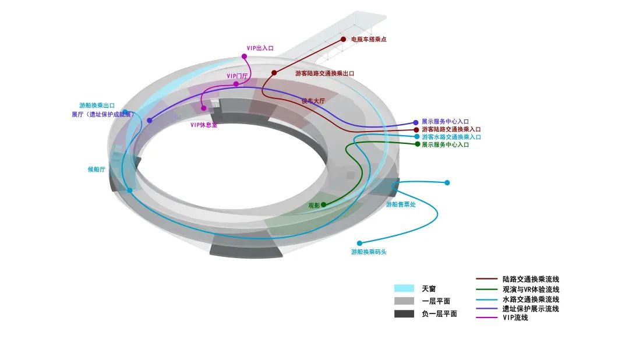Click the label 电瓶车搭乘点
(x=369, y=40)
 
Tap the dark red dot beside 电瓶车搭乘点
(x=344, y=40)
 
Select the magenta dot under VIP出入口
(x=244, y=57)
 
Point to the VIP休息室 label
(x=204, y=125)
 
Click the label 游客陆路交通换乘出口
(x=324, y=74)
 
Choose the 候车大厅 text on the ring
(x=313, y=101)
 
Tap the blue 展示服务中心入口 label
(x=445, y=122)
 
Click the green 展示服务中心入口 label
(x=445, y=144)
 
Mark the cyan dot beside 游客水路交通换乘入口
(x=417, y=136)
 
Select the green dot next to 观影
(x=324, y=204)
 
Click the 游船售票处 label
(x=401, y=204)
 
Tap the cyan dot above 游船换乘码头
(x=359, y=243)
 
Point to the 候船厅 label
(x=96, y=170)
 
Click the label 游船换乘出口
(x=97, y=105)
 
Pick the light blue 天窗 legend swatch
(x=404, y=288)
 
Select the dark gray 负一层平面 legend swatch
(x=404, y=314)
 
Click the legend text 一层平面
(x=436, y=301)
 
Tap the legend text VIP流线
(x=515, y=317)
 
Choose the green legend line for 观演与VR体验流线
(x=487, y=289)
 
